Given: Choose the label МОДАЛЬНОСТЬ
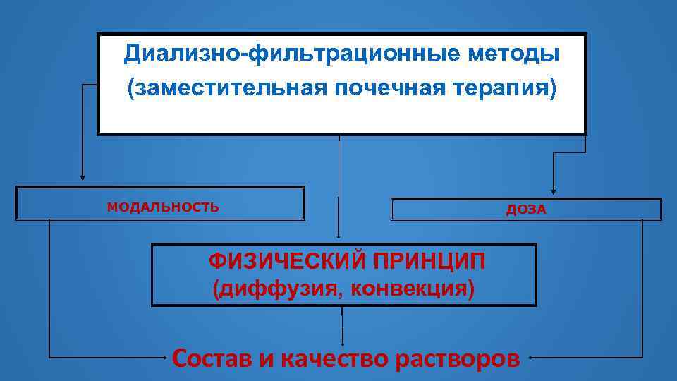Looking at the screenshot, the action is (x=163, y=207).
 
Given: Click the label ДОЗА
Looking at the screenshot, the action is (x=526, y=210).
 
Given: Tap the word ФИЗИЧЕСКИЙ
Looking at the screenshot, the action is (x=285, y=262).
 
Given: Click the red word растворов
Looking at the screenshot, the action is (x=458, y=358).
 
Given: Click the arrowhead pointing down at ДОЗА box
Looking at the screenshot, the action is (x=553, y=188).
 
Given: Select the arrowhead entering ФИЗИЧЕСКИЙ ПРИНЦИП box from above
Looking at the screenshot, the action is (x=339, y=237).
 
